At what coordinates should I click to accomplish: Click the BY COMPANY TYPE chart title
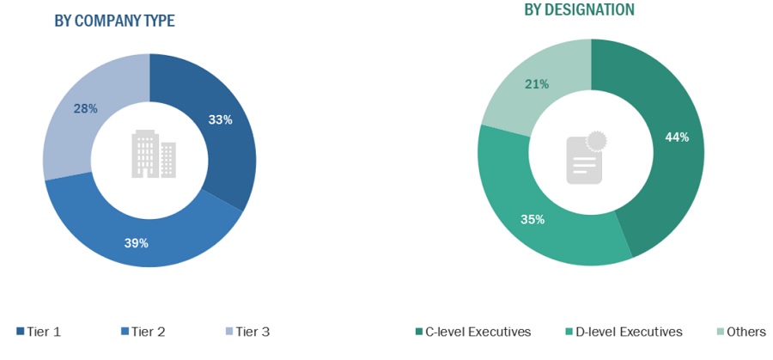(114, 21)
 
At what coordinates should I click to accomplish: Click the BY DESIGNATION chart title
(580, 9)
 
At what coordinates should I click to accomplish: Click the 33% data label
(221, 120)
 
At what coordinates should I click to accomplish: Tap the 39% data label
(137, 243)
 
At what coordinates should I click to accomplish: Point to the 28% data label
(85, 109)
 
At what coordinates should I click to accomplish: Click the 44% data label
(677, 137)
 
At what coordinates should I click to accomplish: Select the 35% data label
(533, 220)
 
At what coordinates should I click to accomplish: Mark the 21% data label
(537, 83)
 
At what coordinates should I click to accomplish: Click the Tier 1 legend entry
(39, 332)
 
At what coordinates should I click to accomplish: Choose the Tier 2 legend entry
(144, 332)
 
